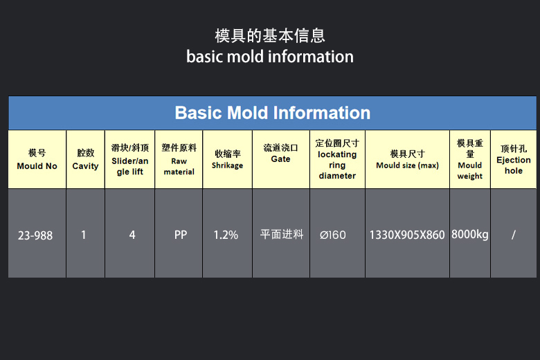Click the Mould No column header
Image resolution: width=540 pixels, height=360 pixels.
(37, 159)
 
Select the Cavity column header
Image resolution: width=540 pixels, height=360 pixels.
(85, 159)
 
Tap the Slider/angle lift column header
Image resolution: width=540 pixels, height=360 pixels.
(130, 159)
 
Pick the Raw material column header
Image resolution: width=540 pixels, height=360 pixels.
(179, 159)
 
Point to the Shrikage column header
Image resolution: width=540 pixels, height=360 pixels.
(227, 159)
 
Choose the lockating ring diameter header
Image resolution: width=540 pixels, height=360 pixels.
(338, 159)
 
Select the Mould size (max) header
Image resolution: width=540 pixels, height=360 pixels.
(407, 159)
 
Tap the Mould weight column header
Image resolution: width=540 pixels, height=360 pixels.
(470, 159)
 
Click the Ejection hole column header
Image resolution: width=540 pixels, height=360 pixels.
(514, 159)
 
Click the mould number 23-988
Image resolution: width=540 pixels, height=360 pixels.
(35, 235)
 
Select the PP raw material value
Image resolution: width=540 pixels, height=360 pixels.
(181, 235)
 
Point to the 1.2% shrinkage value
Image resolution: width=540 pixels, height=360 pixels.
(226, 235)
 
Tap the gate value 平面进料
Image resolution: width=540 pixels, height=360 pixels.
(282, 234)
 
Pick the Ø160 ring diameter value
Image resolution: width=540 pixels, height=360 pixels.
(333, 235)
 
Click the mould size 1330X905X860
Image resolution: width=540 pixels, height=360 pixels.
(407, 235)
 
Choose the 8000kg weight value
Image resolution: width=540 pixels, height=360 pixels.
(470, 235)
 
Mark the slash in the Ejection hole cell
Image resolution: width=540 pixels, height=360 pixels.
(514, 235)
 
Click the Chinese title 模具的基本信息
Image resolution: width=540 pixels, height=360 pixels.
(270, 36)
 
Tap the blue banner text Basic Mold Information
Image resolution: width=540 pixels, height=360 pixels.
(272, 113)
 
